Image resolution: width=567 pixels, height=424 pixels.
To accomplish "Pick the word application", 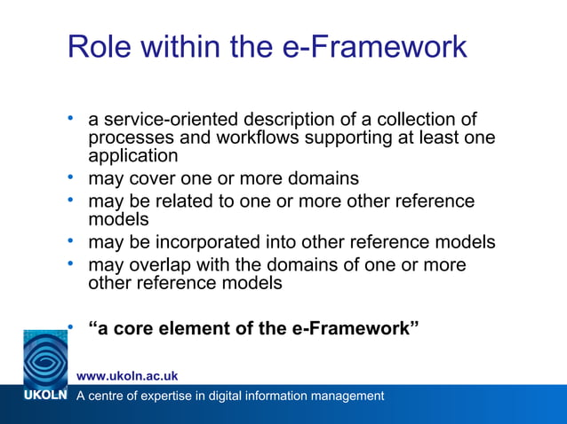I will coord(133,156).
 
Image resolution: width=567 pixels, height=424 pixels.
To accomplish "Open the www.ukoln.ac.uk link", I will coord(127,376).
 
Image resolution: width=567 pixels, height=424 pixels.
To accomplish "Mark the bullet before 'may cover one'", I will coord(71,177).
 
